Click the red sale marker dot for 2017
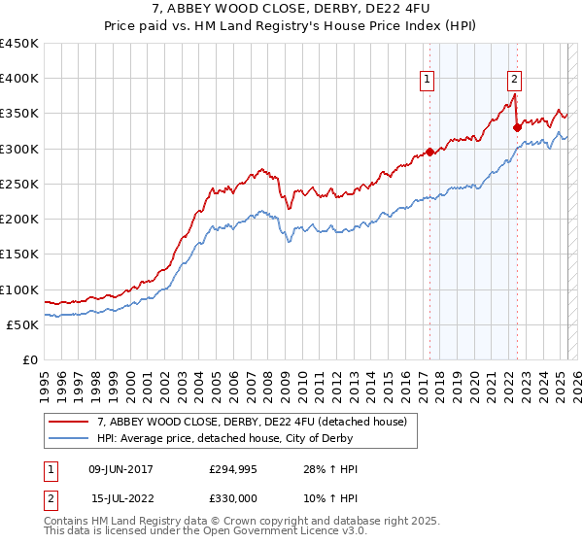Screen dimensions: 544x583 pos(429,152)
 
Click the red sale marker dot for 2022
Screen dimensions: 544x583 pos(517,126)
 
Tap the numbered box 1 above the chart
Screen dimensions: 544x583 pos(428,81)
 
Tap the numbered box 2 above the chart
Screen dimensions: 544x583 pos(514,81)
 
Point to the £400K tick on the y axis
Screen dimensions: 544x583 pos(19,79)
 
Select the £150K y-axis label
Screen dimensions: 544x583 pos(19,254)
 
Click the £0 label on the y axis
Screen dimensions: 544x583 pos(30,359)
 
